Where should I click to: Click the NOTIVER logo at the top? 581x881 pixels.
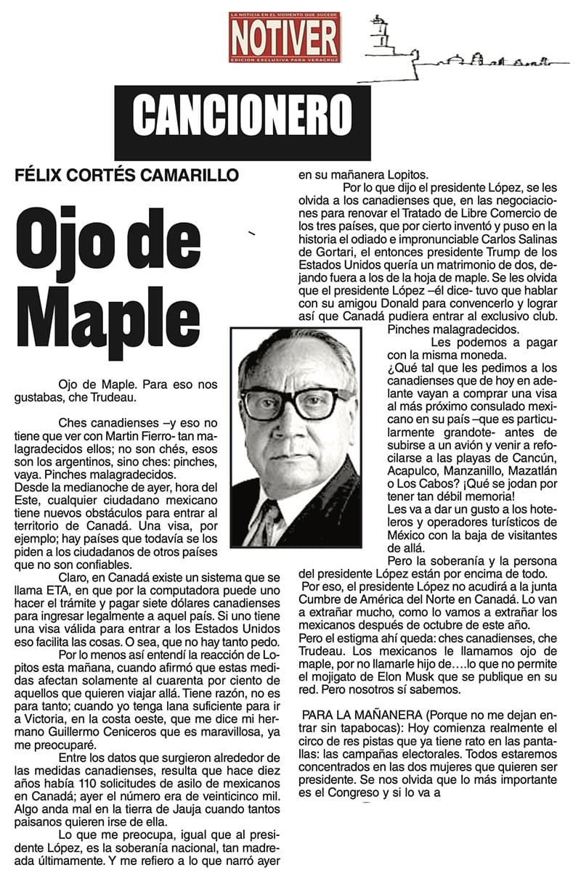(x=284, y=37)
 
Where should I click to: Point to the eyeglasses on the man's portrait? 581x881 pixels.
(x=297, y=402)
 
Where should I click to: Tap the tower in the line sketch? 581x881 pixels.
(x=380, y=33)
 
